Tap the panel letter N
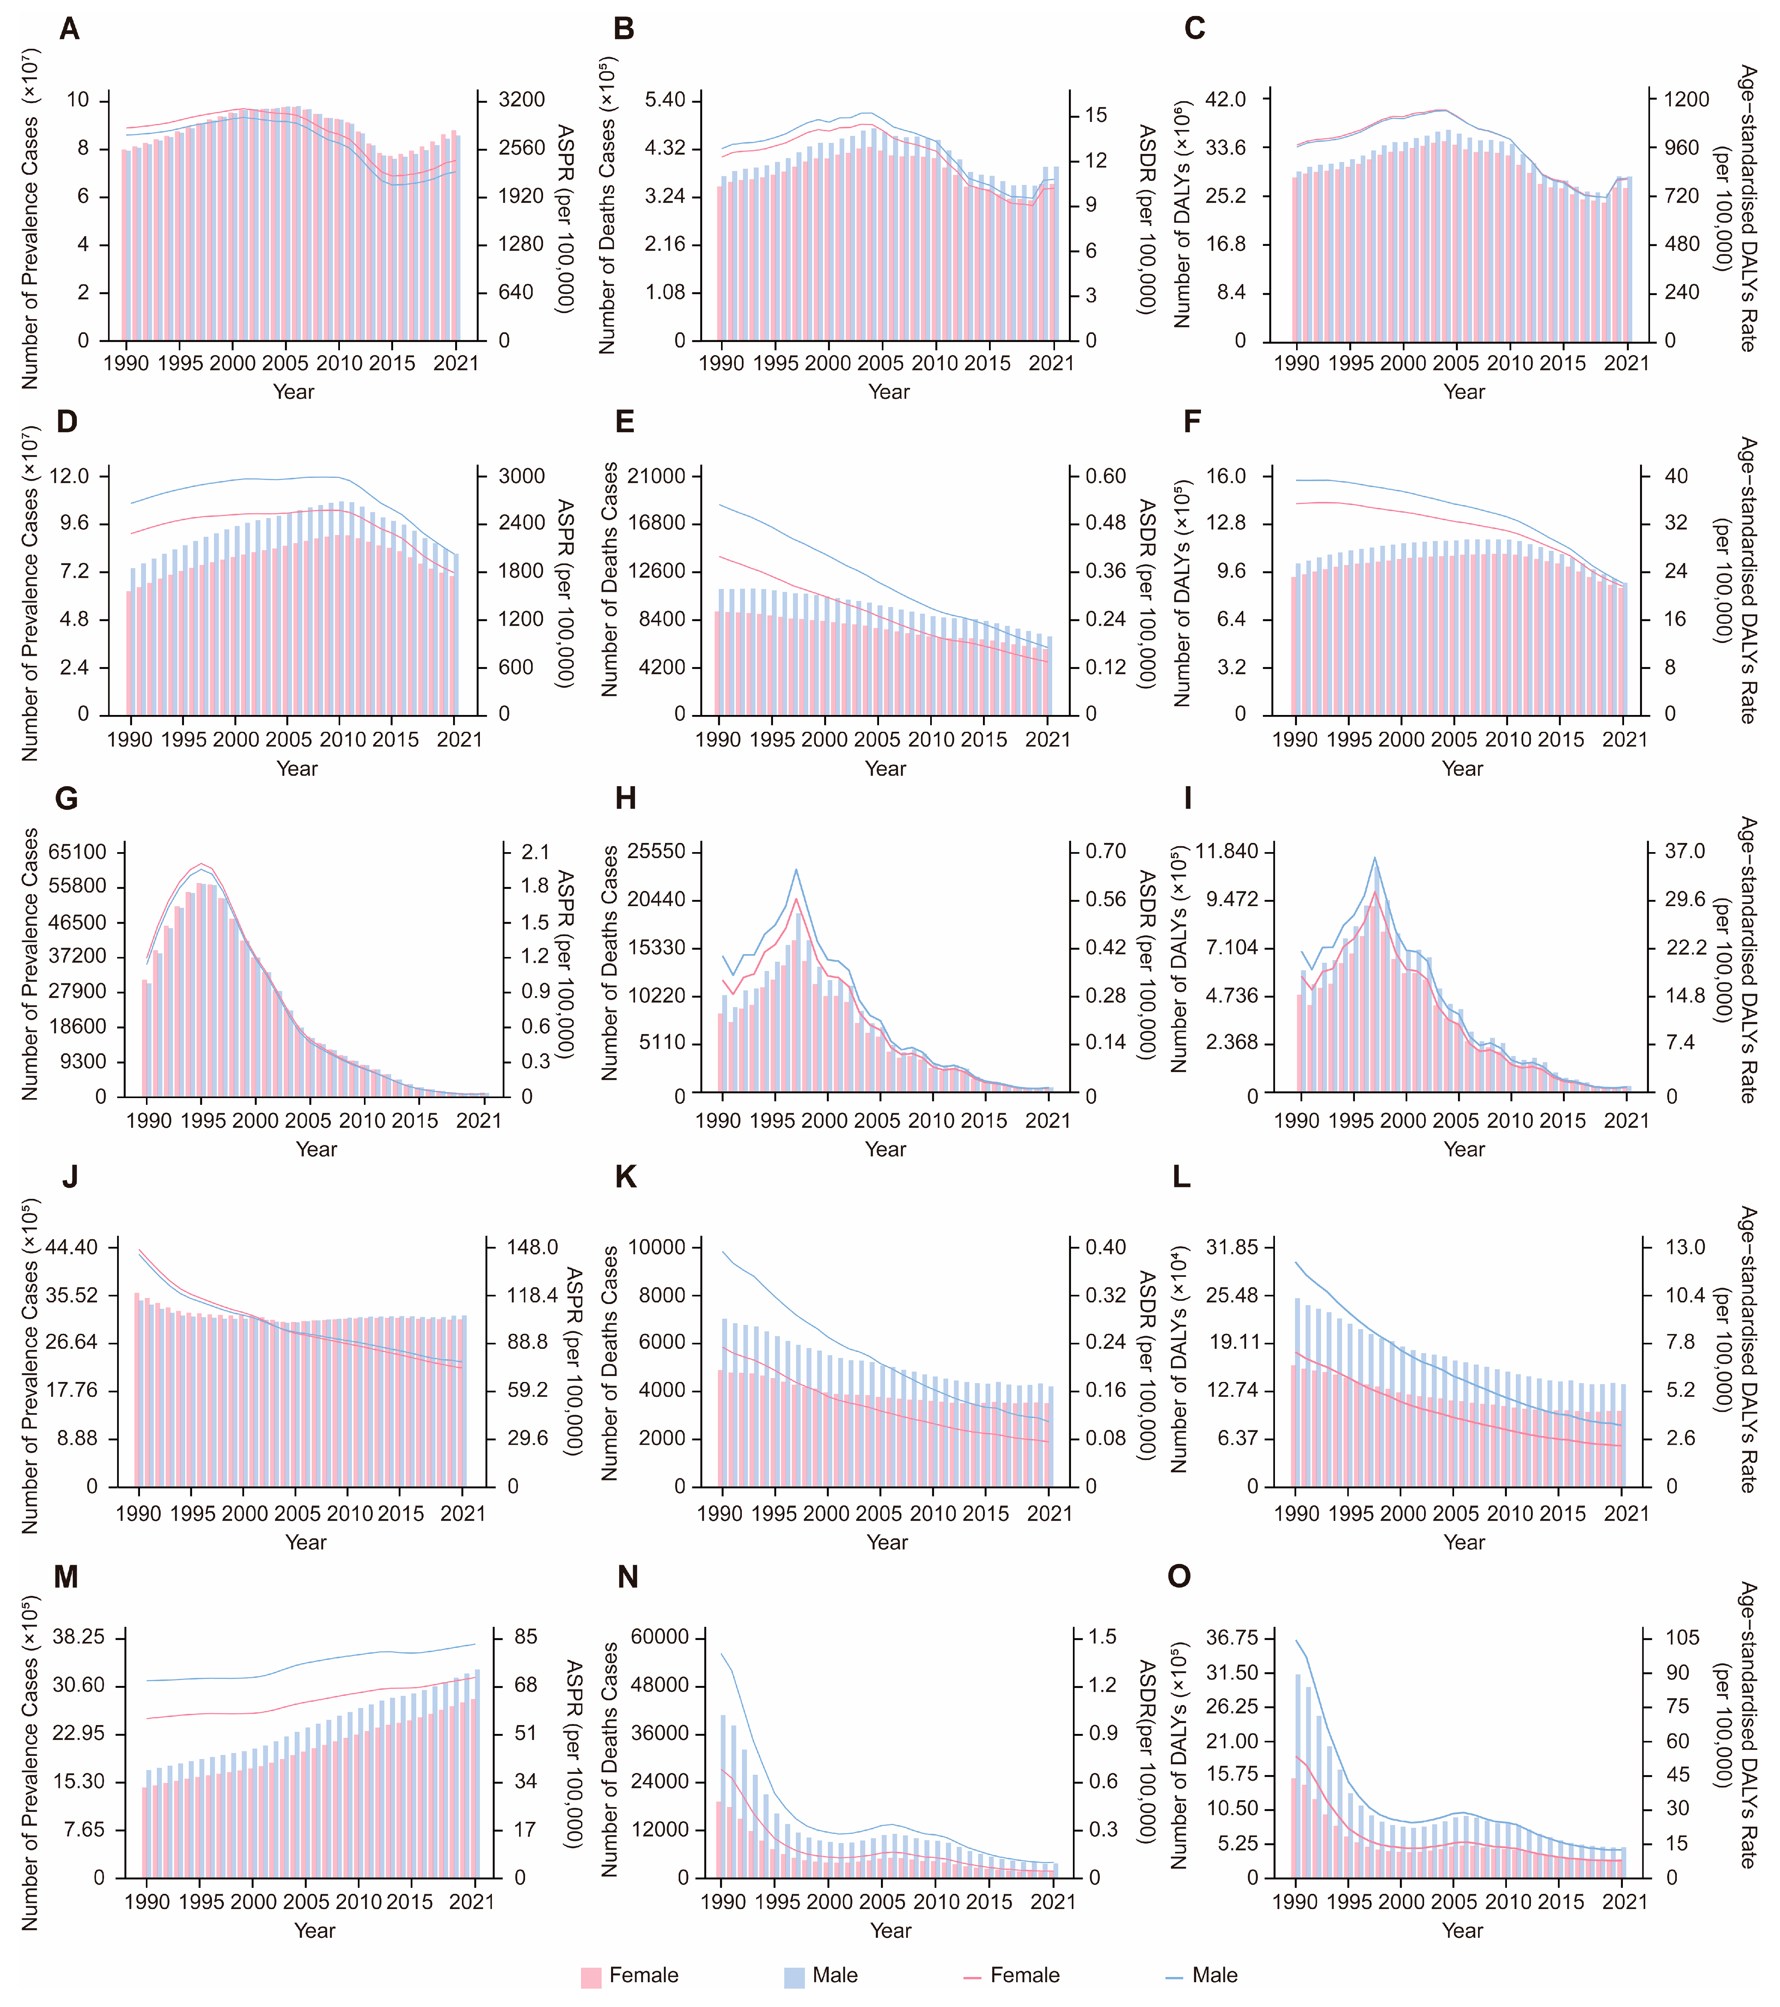pos(627,1577)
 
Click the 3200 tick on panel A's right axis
pos(521,100)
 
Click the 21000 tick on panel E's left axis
pos(657,476)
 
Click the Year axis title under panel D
pos(296,769)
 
